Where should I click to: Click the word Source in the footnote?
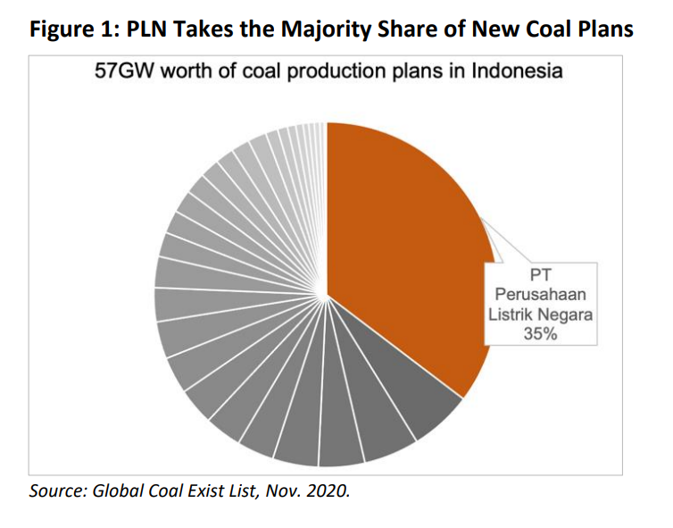53,490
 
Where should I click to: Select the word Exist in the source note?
203,490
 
